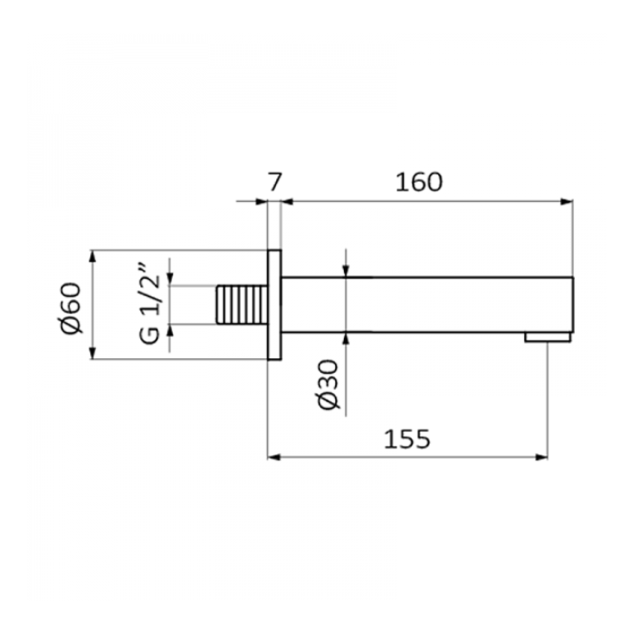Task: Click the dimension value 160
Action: pyautogui.click(x=419, y=183)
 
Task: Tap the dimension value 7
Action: pyautogui.click(x=274, y=183)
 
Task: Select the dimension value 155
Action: pyautogui.click(x=407, y=439)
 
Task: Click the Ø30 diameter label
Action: pyautogui.click(x=328, y=385)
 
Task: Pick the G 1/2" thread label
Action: pyautogui.click(x=150, y=304)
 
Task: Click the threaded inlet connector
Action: pyautogui.click(x=242, y=304)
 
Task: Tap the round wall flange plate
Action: pyautogui.click(x=274, y=304)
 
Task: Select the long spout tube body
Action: pyautogui.click(x=427, y=305)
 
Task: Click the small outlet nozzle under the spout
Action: pyautogui.click(x=548, y=337)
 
